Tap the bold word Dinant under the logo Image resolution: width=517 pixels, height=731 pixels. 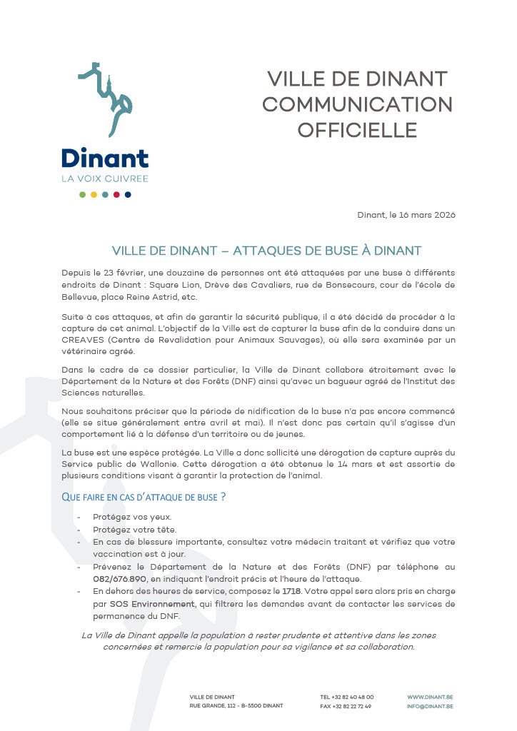pos(104,157)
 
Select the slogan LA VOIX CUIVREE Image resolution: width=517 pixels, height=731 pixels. pos(104,178)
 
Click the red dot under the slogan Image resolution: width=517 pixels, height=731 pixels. pos(116,194)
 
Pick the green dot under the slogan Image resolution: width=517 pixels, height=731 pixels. pos(82,194)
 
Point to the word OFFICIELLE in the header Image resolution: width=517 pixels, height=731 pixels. pos(357,130)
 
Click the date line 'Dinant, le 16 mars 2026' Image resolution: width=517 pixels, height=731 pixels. pos(406,215)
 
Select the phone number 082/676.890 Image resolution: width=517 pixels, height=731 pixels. pos(119,578)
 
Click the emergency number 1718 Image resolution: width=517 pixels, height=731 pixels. pos(291,591)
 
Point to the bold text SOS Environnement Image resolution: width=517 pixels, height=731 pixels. pos(142,604)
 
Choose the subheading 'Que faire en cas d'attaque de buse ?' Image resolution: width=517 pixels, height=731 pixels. pos(144,497)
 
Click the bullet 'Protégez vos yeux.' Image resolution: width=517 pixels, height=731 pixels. pos(132,516)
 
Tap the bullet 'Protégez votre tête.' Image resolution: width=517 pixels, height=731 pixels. pos(134,529)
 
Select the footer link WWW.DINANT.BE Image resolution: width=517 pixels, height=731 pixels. pos(430,697)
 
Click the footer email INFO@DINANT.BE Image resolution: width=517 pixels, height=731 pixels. pos(430,706)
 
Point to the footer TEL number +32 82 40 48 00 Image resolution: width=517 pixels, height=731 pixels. pos(346,697)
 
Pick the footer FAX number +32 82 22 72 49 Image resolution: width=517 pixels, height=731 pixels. pos(346,706)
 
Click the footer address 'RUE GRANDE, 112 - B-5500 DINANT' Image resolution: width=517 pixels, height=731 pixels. pos(236,706)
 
